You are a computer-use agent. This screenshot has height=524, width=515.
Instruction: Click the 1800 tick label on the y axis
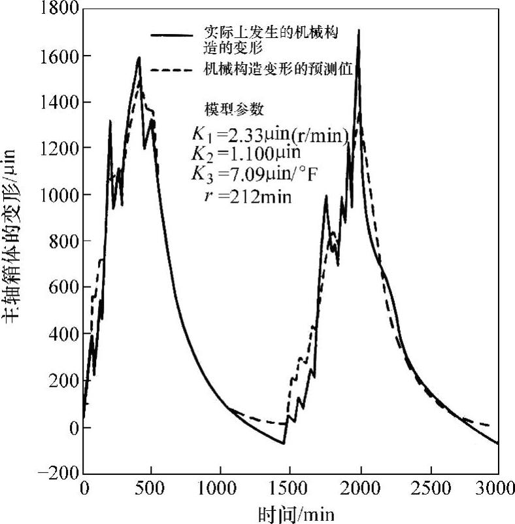[x=61, y=10]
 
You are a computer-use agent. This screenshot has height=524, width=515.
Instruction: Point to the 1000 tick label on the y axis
[x=61, y=195]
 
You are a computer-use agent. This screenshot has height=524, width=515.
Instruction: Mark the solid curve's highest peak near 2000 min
[x=358, y=30]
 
